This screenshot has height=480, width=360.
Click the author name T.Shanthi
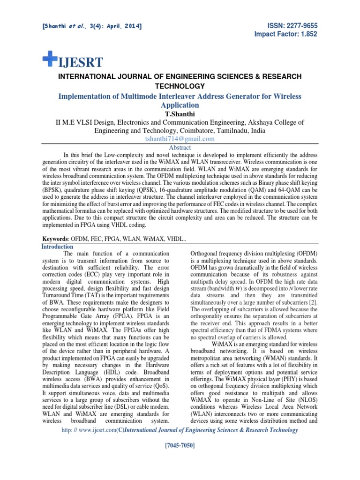pos(180,114)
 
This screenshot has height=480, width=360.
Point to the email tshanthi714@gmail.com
pos(180,139)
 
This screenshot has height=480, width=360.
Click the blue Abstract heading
pos(180,147)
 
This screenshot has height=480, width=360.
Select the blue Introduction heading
pos(57,247)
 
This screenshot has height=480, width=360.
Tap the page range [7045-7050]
pos(180,457)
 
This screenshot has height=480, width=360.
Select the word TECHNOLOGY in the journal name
pos(180,86)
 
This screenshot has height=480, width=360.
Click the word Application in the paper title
pos(180,105)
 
